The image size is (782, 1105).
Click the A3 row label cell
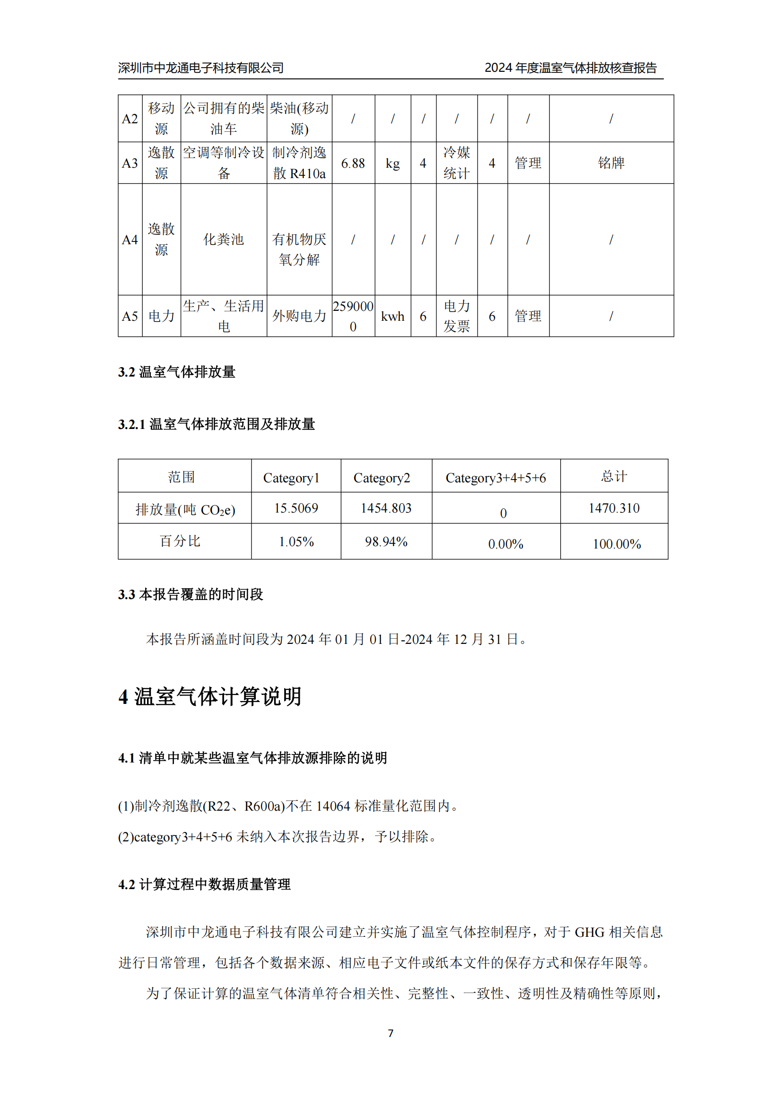(130, 163)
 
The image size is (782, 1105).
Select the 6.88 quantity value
(353, 163)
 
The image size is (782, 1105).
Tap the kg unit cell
(392, 163)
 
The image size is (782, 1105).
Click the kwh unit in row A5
(392, 316)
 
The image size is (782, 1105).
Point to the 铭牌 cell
(611, 163)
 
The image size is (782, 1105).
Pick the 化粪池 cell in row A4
(224, 239)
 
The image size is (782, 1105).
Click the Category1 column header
(291, 478)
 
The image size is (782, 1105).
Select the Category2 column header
(382, 478)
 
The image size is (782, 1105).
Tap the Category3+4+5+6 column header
(495, 478)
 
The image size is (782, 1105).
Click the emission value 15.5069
(296, 508)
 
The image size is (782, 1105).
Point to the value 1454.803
(386, 508)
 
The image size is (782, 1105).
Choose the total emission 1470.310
(614, 508)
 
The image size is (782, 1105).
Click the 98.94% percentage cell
(386, 542)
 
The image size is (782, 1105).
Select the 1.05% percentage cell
(296, 542)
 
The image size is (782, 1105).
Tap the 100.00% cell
(617, 544)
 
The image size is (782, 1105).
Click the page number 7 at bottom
(391, 1033)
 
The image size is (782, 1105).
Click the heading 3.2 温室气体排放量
(177, 372)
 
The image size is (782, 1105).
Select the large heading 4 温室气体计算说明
(210, 696)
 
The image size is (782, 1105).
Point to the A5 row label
(130, 316)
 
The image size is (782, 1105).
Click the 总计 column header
(614, 477)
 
